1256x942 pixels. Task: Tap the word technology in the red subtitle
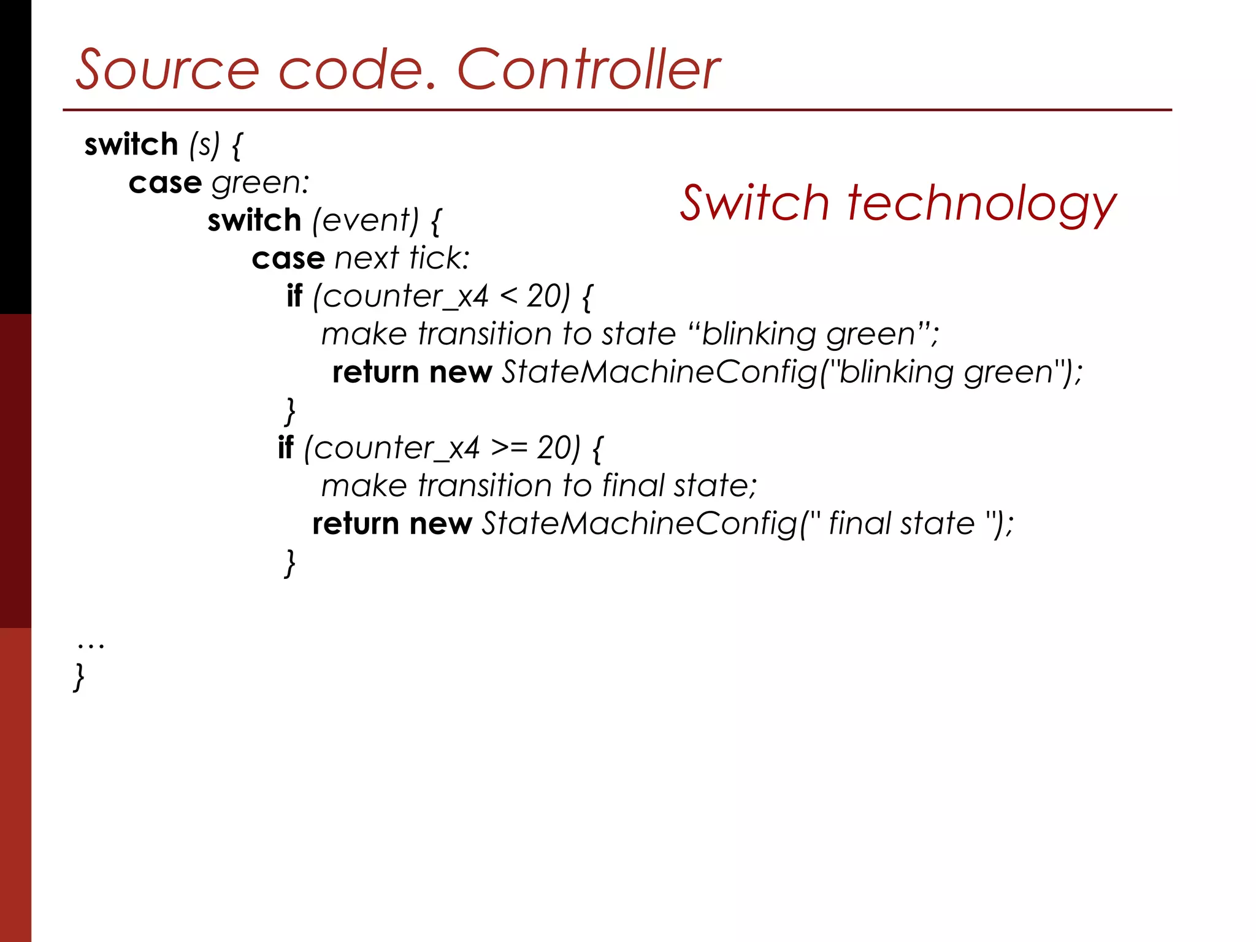[x=981, y=204]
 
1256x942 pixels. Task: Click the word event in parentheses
[x=366, y=220]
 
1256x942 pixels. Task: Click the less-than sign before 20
[x=508, y=297]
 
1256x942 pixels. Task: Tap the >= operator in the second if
[x=508, y=448]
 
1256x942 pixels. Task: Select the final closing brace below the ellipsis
[x=78, y=677]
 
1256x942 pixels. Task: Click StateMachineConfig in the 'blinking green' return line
[x=660, y=372]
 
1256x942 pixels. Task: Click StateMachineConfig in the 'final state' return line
[x=640, y=524]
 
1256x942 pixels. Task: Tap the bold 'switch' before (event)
[x=254, y=220]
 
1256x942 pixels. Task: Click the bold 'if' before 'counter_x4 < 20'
[x=294, y=296]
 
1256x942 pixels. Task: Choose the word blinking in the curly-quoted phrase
[x=758, y=334]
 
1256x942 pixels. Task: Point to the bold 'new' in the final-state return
[x=440, y=524]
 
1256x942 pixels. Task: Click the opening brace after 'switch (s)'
[x=237, y=146]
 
